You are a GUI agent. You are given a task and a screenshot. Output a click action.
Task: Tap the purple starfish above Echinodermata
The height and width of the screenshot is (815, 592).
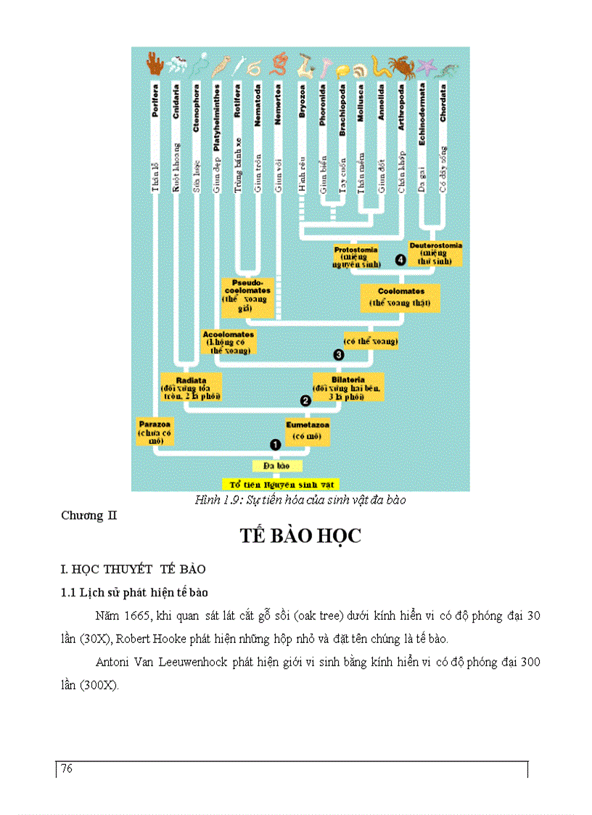click(x=425, y=67)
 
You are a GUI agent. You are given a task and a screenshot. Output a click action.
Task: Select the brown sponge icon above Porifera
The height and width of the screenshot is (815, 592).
click(x=155, y=65)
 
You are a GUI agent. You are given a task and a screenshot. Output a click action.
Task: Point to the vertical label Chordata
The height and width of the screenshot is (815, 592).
click(x=443, y=102)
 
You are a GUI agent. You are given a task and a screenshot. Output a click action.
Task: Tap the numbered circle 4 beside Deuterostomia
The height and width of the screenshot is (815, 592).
click(x=399, y=260)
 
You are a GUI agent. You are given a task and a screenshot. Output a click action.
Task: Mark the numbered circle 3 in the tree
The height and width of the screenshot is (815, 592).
click(x=337, y=354)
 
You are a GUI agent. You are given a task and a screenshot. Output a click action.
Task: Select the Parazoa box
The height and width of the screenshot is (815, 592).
click(x=155, y=431)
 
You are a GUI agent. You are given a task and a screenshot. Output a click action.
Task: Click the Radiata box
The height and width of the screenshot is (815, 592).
click(x=192, y=388)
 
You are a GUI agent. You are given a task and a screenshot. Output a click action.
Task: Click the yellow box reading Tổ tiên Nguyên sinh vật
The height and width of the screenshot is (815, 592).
click(x=280, y=483)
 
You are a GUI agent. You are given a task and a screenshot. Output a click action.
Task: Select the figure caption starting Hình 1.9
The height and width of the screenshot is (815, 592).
click(x=300, y=500)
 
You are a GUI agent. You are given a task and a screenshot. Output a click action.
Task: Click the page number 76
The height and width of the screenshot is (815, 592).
click(x=67, y=769)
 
